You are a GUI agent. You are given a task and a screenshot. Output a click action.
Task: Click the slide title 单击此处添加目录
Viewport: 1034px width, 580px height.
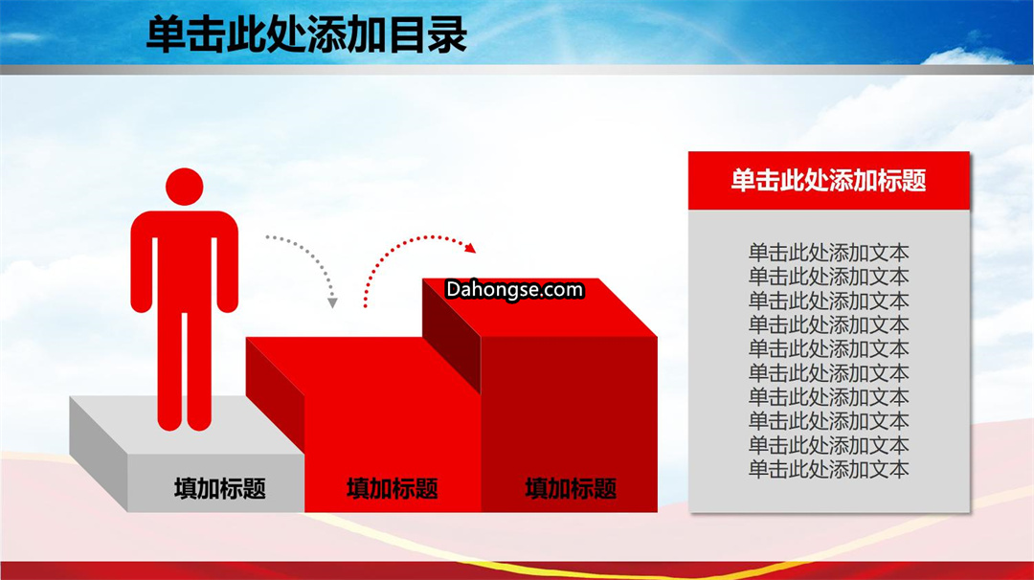point(306,34)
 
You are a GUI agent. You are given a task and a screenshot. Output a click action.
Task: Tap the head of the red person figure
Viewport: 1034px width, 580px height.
point(184,187)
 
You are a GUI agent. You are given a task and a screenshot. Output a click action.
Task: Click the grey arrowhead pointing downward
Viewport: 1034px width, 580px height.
point(332,302)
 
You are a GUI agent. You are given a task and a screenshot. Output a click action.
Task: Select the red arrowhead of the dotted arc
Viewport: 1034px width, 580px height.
point(469,248)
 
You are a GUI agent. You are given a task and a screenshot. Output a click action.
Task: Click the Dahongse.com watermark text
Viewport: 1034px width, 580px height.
point(514,289)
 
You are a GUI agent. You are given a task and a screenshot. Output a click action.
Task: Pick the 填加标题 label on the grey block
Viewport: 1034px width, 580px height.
point(220,488)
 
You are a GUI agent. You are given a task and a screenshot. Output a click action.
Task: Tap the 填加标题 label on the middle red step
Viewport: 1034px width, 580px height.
point(393,488)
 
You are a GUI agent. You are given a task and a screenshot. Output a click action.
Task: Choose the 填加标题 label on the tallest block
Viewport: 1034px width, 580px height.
point(571,488)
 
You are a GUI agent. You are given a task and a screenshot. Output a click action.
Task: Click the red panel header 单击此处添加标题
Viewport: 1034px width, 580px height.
point(829,180)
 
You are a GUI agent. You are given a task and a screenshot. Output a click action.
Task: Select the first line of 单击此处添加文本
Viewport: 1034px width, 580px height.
point(829,253)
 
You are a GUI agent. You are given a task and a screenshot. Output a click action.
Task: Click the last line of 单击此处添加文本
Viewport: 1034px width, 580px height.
point(829,469)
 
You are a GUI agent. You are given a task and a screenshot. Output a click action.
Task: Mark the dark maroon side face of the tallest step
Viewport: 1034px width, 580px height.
point(452,335)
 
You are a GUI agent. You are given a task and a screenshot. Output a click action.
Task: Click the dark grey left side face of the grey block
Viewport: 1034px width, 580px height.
point(99,454)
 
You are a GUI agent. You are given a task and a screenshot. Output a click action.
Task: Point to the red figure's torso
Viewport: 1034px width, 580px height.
point(184,263)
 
